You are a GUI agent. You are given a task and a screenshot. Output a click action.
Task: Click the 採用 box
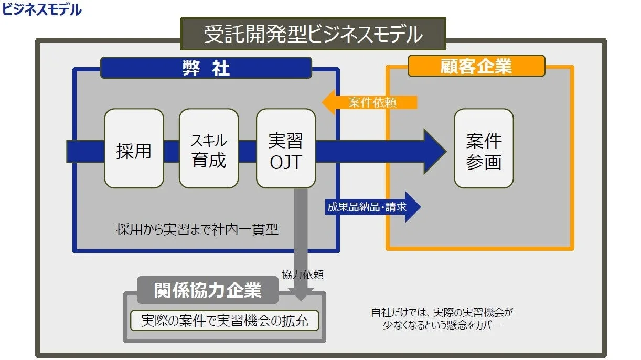pos(134,149)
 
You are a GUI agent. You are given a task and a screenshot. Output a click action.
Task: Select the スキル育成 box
pos(209,149)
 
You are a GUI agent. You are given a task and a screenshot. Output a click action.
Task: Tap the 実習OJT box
pos(286,149)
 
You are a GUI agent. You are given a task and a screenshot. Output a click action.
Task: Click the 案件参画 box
pos(484,149)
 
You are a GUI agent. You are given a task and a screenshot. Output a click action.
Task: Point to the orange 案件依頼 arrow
pos(369,102)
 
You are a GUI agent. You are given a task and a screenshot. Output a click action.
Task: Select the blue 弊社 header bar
pos(206,68)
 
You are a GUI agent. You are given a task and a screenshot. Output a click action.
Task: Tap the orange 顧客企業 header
pos(476,66)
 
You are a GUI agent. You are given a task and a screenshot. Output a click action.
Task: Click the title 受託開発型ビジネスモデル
pos(313,34)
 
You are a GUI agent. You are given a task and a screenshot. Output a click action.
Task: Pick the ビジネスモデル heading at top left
pos(42,9)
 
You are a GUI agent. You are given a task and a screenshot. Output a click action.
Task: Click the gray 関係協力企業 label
pos(208,290)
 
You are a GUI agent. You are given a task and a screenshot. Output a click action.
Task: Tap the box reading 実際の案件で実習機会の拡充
pos(224,320)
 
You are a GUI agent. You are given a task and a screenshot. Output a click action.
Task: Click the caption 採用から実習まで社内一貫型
pos(197,229)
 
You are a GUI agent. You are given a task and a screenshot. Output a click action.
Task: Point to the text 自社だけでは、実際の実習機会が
pos(442,312)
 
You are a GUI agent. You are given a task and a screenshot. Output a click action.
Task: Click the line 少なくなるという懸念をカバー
pos(442,325)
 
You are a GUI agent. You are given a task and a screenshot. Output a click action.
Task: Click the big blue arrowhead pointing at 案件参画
pos(434,152)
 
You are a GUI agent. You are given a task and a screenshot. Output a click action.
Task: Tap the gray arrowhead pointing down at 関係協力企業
pos(301,294)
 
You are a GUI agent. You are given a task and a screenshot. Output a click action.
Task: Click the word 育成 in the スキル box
pos(209,160)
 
